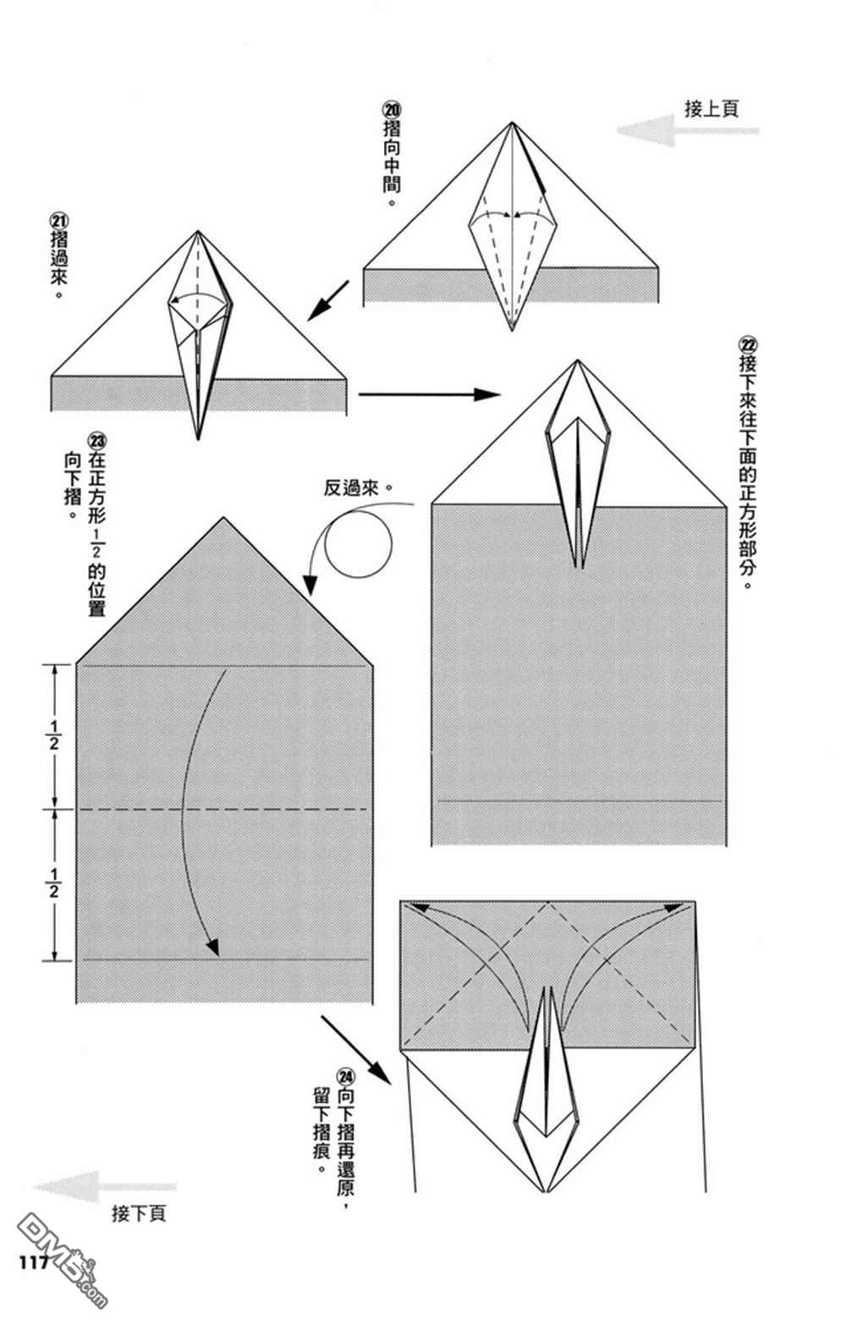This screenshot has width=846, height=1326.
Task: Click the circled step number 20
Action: (393, 110)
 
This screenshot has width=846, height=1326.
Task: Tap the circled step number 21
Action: (60, 217)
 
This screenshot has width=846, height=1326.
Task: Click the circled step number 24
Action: (345, 1076)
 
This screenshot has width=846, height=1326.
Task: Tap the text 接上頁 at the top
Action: (711, 108)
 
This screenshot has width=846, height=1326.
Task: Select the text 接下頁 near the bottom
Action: (139, 1213)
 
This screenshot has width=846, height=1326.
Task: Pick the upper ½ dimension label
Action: (54, 735)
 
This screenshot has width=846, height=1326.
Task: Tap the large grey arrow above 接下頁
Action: (105, 1186)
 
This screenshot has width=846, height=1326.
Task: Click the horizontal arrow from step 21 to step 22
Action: (429, 394)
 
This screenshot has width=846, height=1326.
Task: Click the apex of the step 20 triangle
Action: (511, 124)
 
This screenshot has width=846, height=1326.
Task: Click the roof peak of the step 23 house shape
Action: (223, 517)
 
